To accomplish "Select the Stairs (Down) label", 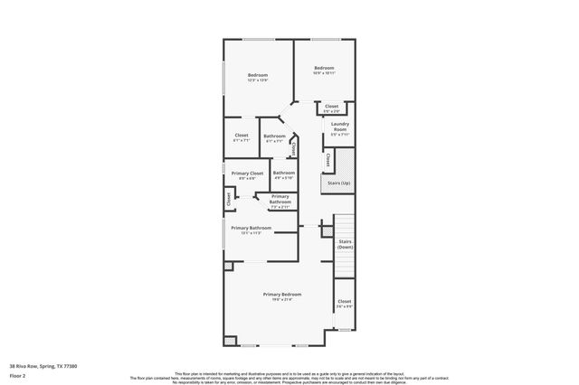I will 345,244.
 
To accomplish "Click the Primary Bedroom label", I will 282,295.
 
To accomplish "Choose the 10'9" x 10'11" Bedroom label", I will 324,69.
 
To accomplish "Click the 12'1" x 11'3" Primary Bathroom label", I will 251,228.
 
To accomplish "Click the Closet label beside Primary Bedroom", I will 344,302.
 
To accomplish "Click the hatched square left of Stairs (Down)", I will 326,232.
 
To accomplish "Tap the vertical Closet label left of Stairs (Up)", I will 327,160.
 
